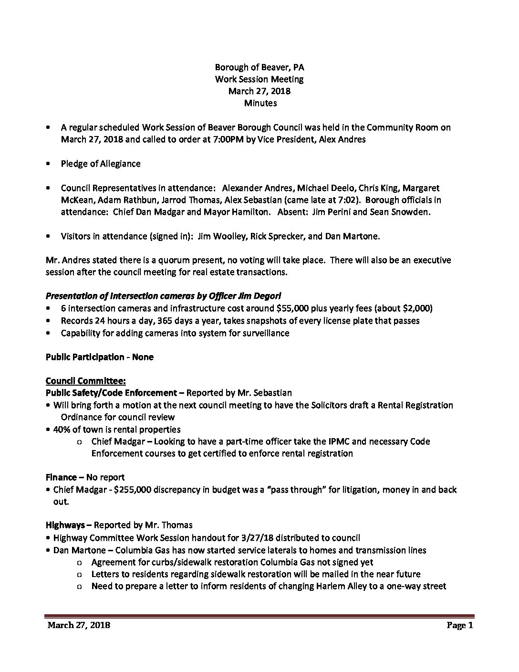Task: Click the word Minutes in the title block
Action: pos(260,103)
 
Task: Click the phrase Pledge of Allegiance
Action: pos(100,164)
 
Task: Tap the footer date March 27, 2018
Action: pos(79,625)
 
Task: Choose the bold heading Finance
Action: pos(62,477)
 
